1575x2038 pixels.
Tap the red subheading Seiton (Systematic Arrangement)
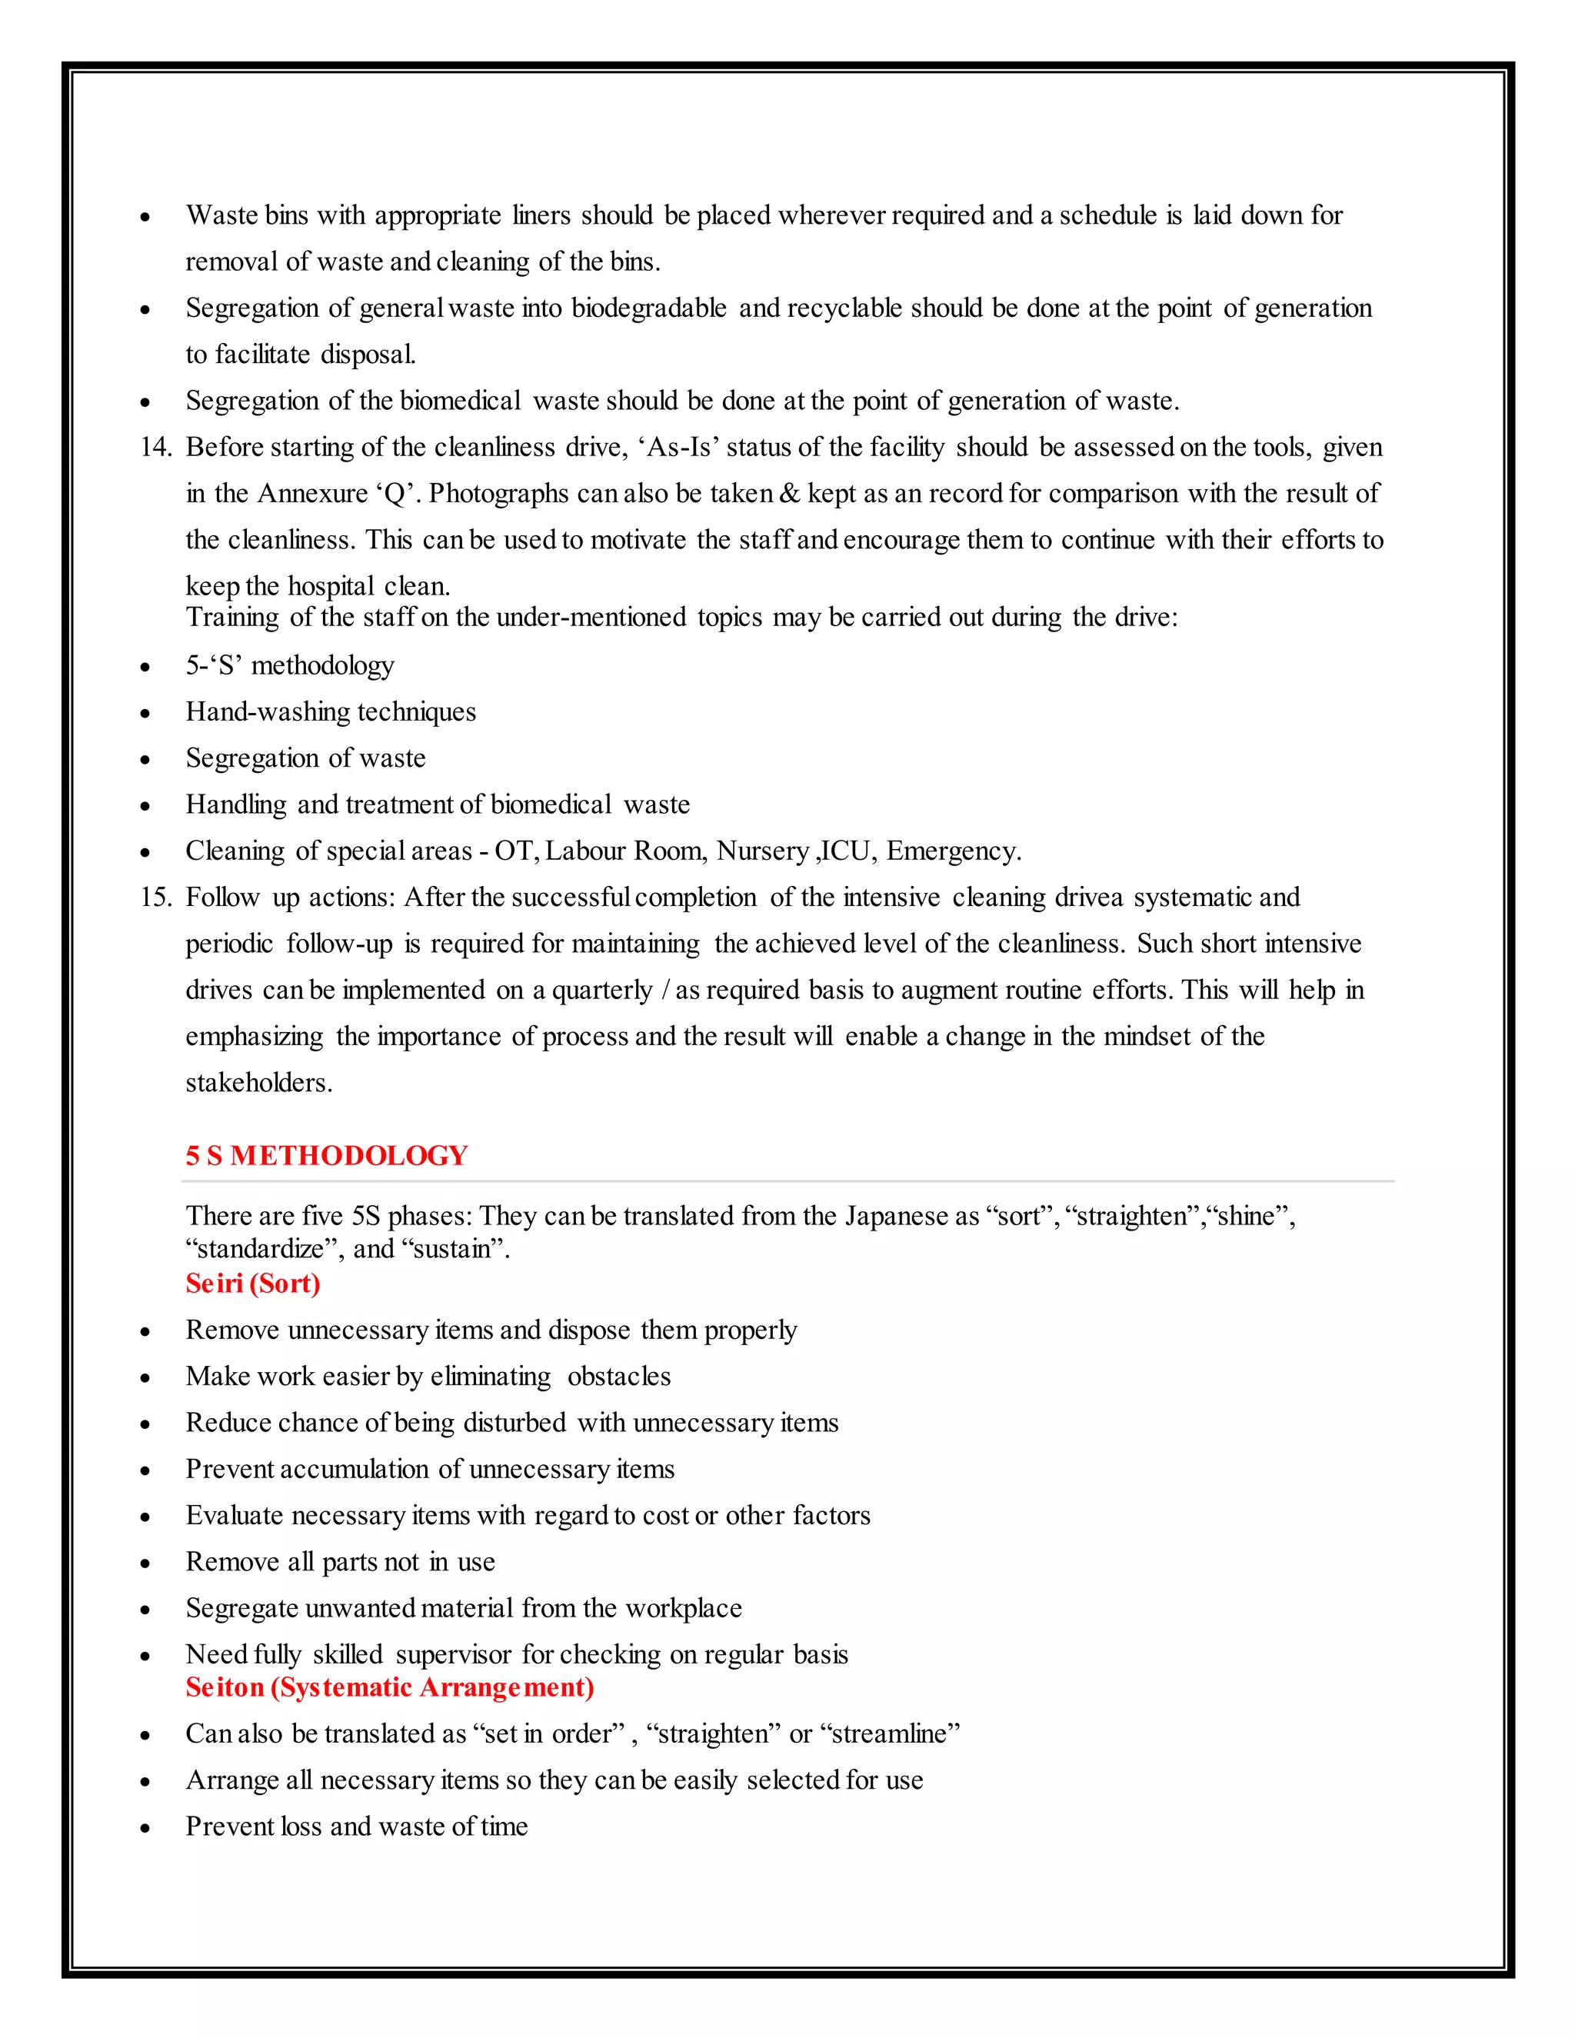pyautogui.click(x=389, y=1687)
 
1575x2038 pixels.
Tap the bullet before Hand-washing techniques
pyautogui.click(x=145, y=714)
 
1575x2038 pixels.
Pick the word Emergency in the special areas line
pyautogui.click(x=952, y=851)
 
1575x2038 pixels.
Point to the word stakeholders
pyautogui.click(x=258, y=1083)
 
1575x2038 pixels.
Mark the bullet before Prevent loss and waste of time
pyautogui.click(x=145, y=1828)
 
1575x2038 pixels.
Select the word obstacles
pyautogui.click(x=618, y=1377)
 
